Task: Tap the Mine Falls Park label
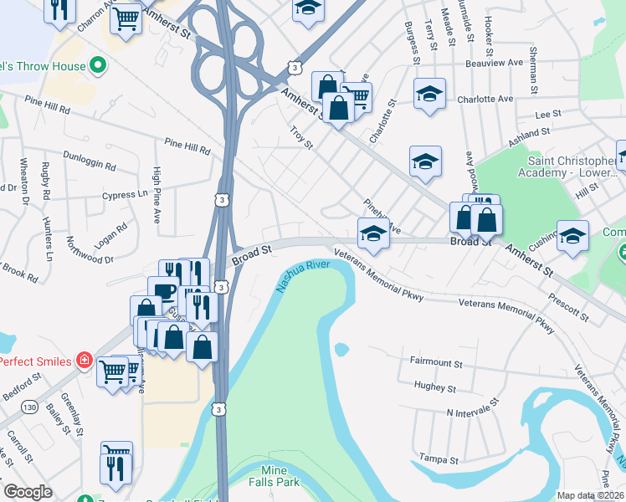275,476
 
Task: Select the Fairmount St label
436,363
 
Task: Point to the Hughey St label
434,388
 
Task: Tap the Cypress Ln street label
119,195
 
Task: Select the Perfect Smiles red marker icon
84,361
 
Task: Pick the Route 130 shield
30,407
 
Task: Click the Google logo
28,492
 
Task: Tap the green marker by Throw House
98,65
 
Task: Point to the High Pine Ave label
156,196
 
